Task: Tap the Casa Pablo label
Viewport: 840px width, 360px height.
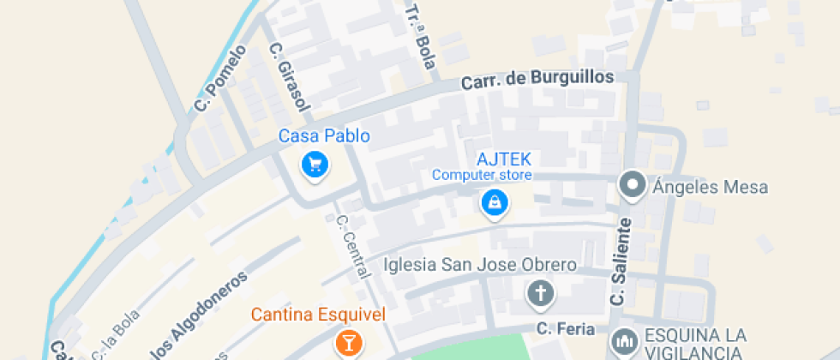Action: point(324,135)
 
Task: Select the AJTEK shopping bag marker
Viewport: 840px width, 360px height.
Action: point(495,204)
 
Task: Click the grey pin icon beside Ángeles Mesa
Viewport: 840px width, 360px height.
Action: point(633,184)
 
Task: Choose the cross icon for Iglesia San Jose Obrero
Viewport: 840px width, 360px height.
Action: point(540,294)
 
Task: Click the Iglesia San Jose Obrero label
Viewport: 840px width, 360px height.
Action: point(480,264)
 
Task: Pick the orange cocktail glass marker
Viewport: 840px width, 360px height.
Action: point(348,344)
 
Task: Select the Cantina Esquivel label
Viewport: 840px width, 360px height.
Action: point(318,315)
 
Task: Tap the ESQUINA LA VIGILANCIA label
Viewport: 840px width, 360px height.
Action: point(695,343)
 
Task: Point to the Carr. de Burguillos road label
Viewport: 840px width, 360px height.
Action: point(537,79)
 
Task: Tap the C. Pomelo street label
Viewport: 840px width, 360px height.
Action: point(219,79)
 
